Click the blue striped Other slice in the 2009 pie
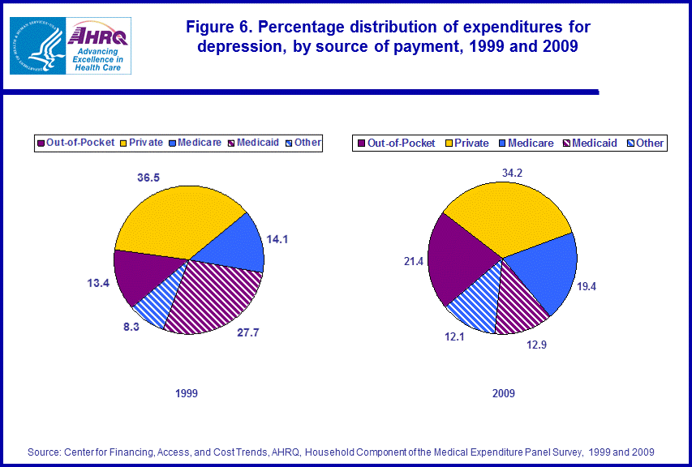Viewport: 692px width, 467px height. [x=475, y=304]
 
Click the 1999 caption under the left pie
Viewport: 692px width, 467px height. [x=187, y=393]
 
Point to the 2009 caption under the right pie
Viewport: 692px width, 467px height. [x=503, y=393]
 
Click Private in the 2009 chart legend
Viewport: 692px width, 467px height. [x=471, y=144]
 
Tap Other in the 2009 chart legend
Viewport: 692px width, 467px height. [x=649, y=144]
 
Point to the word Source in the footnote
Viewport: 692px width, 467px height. [x=45, y=451]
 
